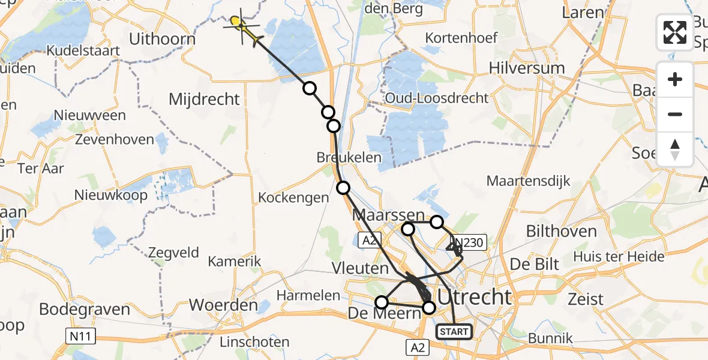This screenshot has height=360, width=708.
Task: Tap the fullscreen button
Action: coord(675,32)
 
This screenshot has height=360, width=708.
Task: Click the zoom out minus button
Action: coord(675,114)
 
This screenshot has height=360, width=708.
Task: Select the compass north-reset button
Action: coord(675,149)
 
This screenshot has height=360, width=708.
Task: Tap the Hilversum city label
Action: coord(527,68)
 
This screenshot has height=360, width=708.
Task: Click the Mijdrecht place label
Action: coord(205,99)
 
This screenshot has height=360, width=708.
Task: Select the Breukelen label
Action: coord(349,157)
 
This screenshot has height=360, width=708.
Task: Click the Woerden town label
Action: coord(223,305)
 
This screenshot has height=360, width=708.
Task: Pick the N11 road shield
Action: coord(79,337)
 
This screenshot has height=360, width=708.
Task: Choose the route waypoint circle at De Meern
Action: coord(382,302)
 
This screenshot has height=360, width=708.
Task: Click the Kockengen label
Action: coord(293,197)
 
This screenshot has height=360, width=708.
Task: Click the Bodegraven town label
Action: coord(85,310)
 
